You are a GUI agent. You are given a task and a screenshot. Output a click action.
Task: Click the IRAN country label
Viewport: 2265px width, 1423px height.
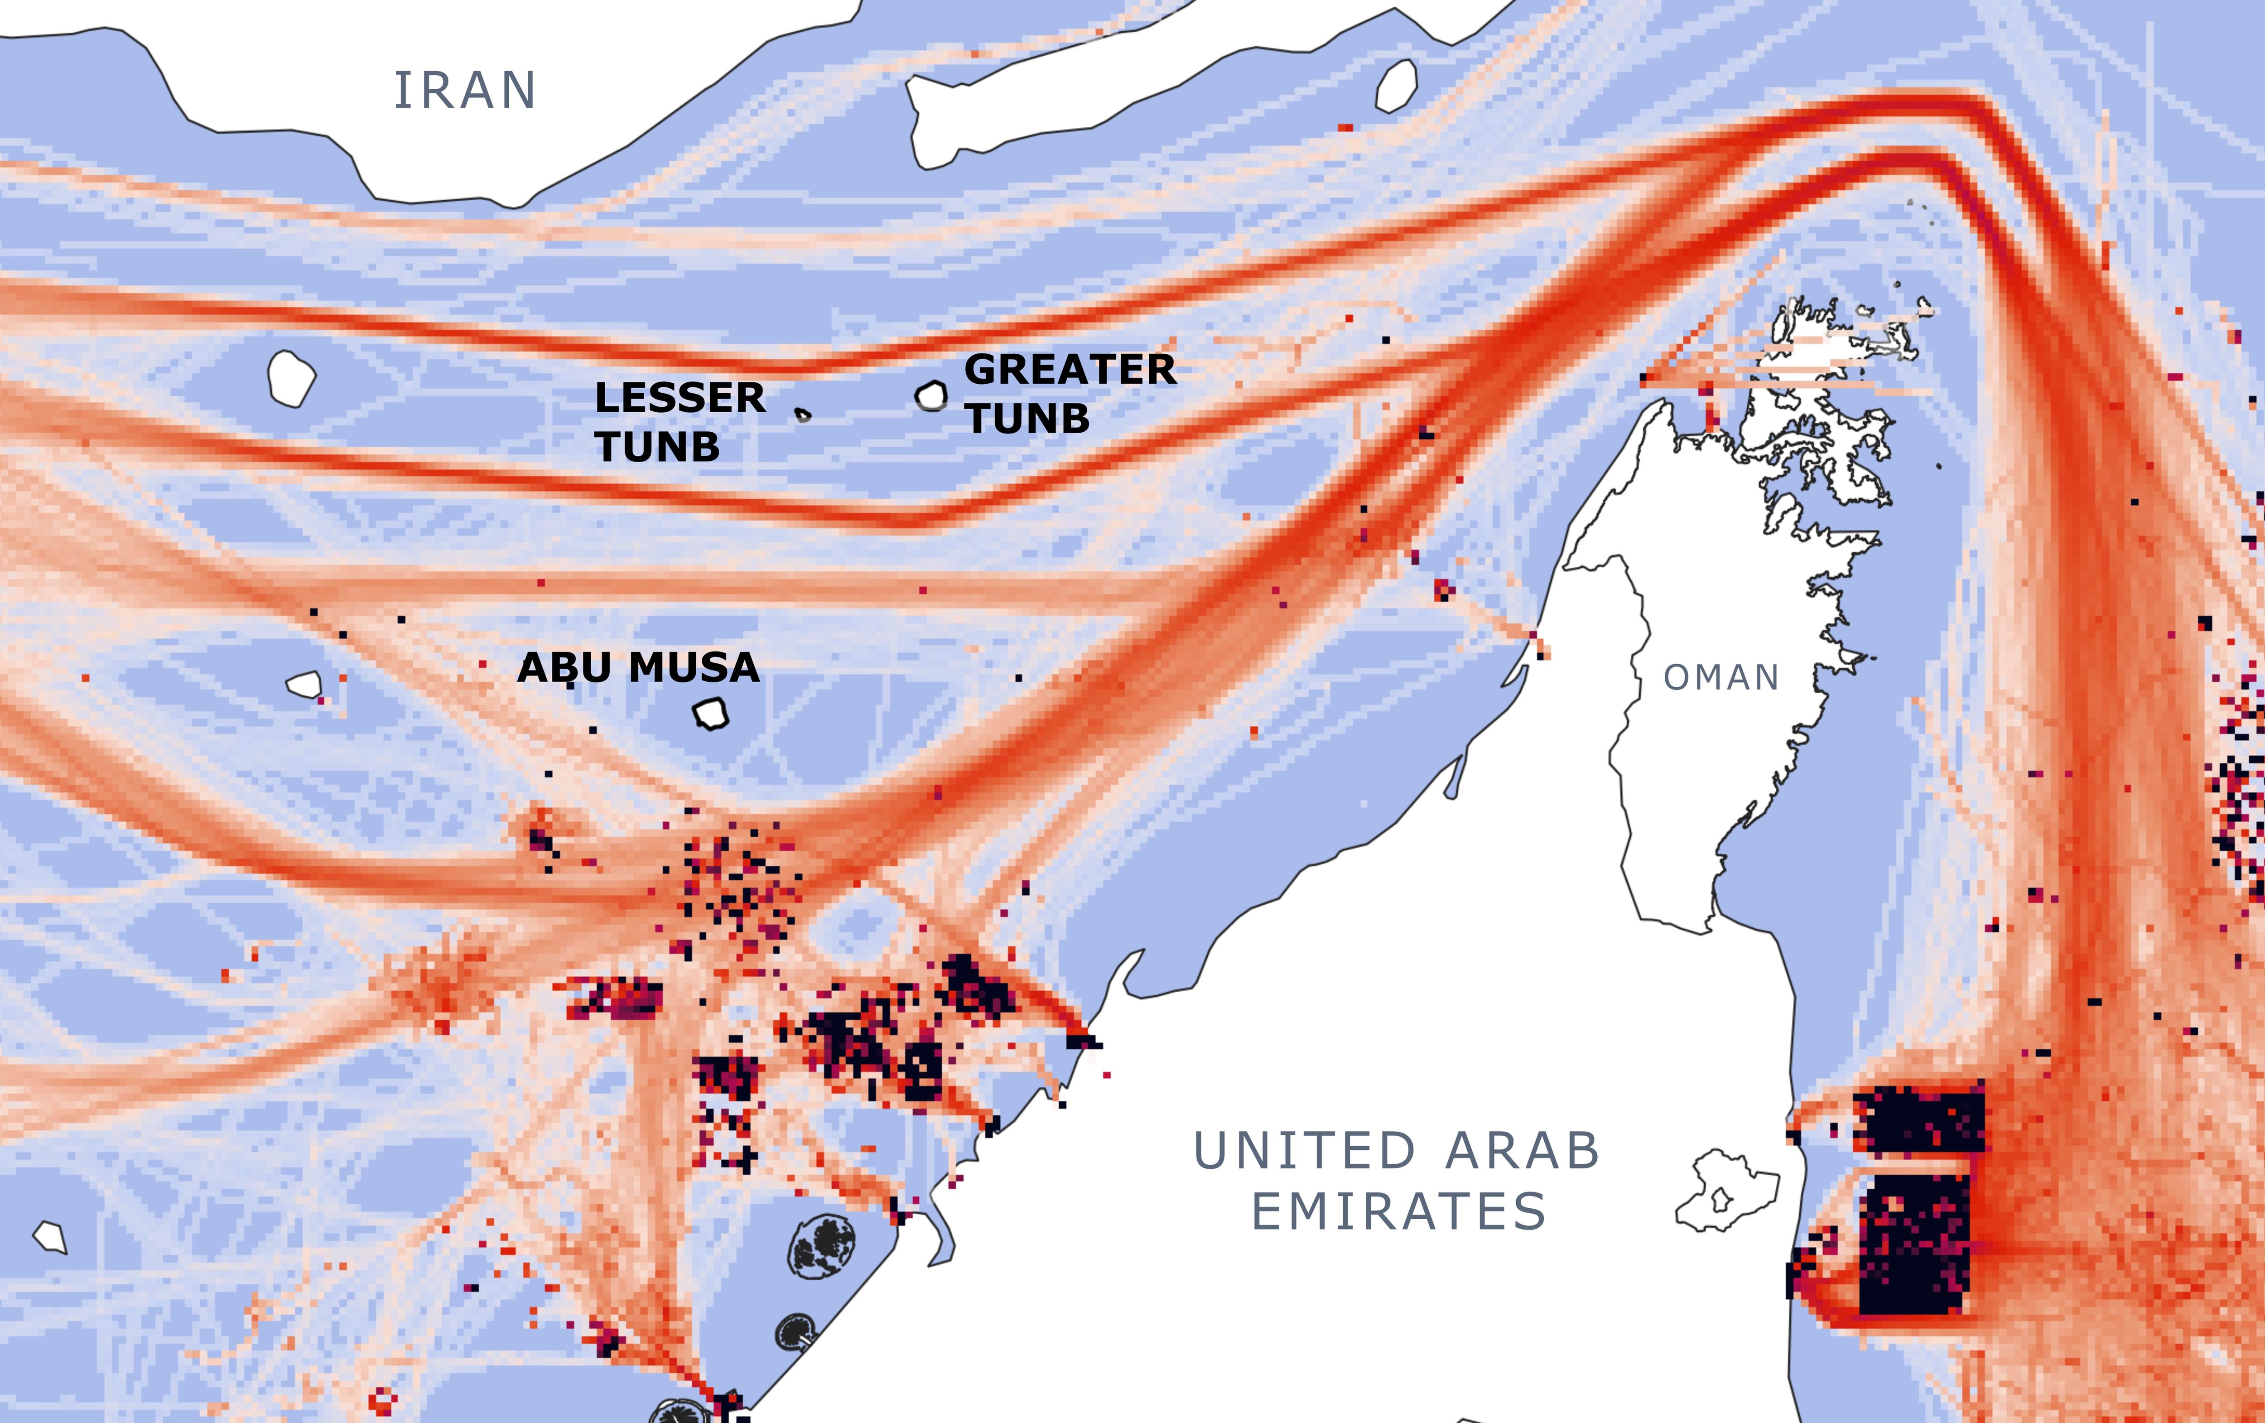pyautogui.click(x=465, y=91)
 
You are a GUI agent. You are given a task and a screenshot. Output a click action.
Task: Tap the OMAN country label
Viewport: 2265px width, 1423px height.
pyautogui.click(x=1721, y=677)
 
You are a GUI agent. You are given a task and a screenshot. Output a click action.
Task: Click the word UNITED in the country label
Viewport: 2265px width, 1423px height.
pyautogui.click(x=1305, y=1151)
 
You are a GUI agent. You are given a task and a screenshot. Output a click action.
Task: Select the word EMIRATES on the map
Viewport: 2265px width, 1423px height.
pyautogui.click(x=1399, y=1211)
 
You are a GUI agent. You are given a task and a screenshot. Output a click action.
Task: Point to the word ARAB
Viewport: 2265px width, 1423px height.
pyautogui.click(x=1522, y=1151)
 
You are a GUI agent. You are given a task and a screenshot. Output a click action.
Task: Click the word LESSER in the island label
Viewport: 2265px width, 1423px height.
pyautogui.click(x=680, y=398)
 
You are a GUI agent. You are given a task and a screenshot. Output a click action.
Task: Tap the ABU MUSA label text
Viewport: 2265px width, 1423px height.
pyautogui.click(x=639, y=668)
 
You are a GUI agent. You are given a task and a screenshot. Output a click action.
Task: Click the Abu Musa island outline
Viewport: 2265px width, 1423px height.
pyautogui.click(x=711, y=714)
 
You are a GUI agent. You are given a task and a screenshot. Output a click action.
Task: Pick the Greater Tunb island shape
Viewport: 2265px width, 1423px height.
pyautogui.click(x=931, y=396)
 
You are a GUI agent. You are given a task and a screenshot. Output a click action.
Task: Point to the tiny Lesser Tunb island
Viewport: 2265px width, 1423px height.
pyautogui.click(x=802, y=414)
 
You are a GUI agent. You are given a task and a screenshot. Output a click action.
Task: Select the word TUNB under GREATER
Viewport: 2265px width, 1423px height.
pyautogui.click(x=1028, y=419)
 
